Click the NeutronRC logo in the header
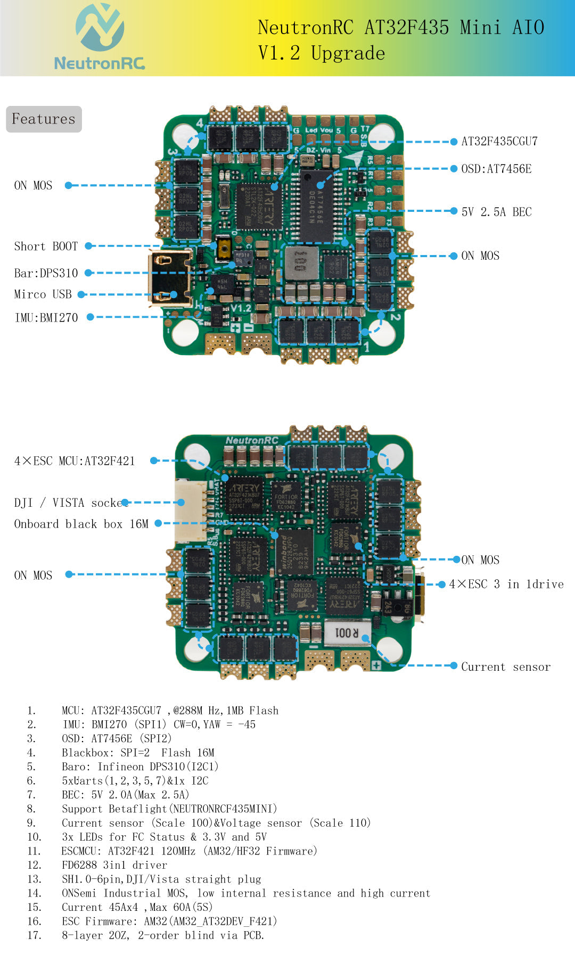click(x=100, y=37)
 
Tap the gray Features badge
click(x=44, y=119)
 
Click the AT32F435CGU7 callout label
click(x=499, y=142)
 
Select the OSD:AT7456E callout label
click(x=496, y=169)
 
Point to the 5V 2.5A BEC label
click(x=496, y=212)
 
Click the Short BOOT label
click(x=46, y=246)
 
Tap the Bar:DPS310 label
click(x=46, y=273)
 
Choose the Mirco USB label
click(x=43, y=294)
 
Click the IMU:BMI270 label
click(x=46, y=318)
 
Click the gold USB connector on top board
click(x=169, y=277)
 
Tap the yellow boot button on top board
click(x=224, y=249)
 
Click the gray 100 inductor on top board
click(x=301, y=262)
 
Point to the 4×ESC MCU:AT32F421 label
click(x=75, y=461)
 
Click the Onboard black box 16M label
click(x=81, y=524)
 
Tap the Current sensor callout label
click(x=505, y=667)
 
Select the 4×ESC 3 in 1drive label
click(x=506, y=585)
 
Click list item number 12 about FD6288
click(x=114, y=865)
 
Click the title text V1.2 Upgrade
click(x=321, y=53)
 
